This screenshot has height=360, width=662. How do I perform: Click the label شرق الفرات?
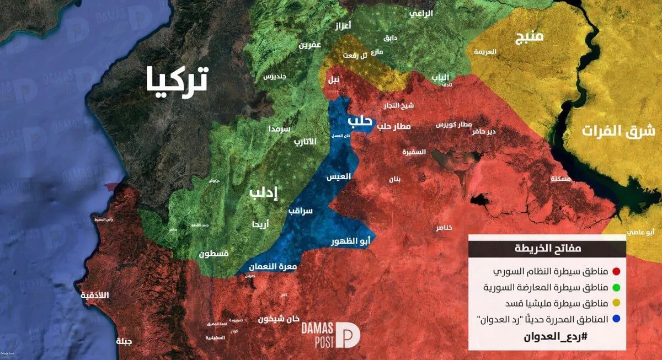(x=617, y=131)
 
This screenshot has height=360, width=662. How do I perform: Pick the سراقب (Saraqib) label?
(x=300, y=211)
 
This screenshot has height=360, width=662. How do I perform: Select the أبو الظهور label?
(x=350, y=241)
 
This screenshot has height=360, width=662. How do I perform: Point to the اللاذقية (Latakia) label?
(x=95, y=295)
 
